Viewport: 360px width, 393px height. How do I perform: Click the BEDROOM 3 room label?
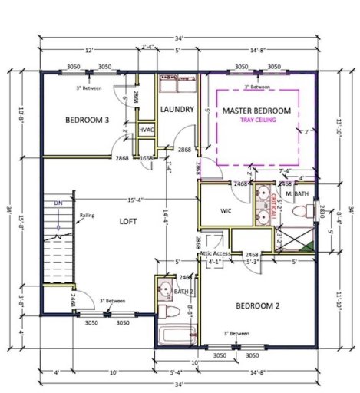coord(86,120)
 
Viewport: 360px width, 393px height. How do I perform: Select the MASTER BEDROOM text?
coord(256,111)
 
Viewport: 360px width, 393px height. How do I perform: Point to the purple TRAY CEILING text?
coord(256,121)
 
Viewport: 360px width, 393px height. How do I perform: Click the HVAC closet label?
coord(147,130)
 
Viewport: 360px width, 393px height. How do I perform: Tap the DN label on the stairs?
coord(58,203)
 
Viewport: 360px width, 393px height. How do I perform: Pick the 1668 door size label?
coord(147,158)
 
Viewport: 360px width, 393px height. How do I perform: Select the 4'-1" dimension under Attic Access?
coord(216,262)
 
